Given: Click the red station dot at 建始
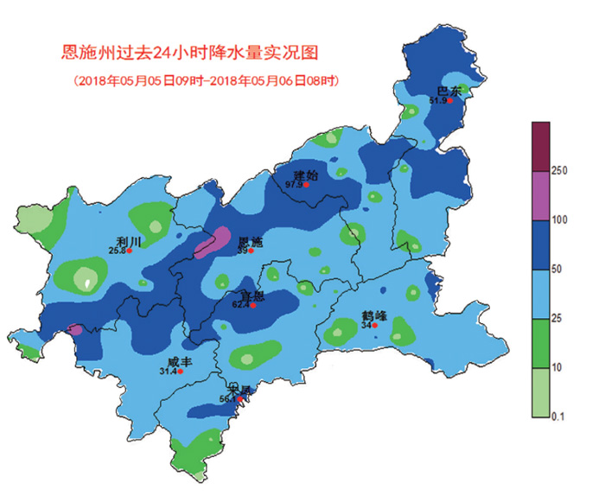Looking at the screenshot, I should (x=305, y=184).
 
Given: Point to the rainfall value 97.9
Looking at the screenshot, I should (x=293, y=184).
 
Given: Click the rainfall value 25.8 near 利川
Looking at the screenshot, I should (x=117, y=251).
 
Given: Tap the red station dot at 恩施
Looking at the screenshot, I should (x=251, y=251).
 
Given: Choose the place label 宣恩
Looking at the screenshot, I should (x=253, y=295).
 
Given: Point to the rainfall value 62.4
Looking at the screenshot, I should (x=241, y=305).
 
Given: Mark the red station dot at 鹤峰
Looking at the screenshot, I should (x=375, y=326).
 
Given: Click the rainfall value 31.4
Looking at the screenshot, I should (x=168, y=372).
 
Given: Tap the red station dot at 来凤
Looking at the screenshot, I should (x=240, y=399).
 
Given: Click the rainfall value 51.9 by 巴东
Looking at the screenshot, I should (x=438, y=101).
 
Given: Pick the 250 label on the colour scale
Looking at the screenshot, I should (x=558, y=171).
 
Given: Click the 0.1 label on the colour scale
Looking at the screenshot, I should (x=558, y=417).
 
